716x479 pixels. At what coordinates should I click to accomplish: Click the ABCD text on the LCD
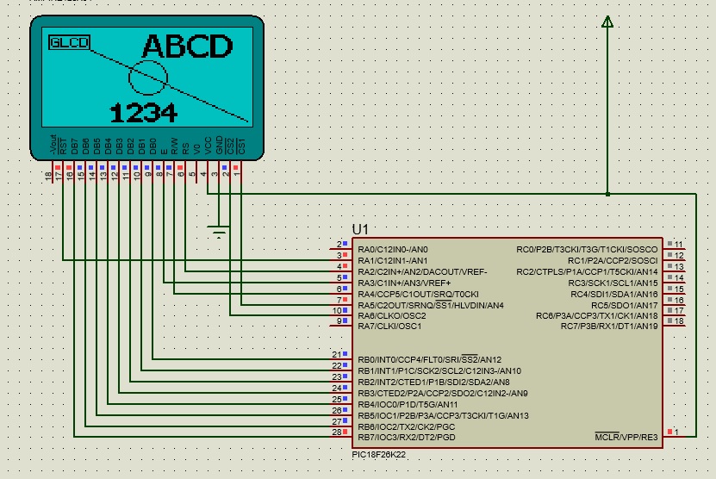(x=187, y=47)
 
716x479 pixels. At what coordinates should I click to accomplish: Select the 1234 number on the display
(x=144, y=112)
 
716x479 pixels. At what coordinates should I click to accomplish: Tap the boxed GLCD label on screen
(x=69, y=42)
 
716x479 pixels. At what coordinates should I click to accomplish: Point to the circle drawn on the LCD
(x=147, y=77)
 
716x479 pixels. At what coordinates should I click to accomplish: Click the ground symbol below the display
(x=220, y=231)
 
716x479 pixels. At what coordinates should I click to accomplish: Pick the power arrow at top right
(x=607, y=21)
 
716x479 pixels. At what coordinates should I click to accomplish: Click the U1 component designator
(x=360, y=229)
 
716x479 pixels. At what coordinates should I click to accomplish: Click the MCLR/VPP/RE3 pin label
(x=626, y=438)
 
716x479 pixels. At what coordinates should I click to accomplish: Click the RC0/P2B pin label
(x=587, y=250)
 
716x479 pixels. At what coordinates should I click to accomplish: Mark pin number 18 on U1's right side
(x=678, y=321)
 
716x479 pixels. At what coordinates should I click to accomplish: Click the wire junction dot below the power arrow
(x=607, y=194)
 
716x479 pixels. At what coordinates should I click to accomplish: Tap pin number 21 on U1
(x=337, y=354)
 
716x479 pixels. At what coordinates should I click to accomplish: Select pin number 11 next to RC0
(x=678, y=245)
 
